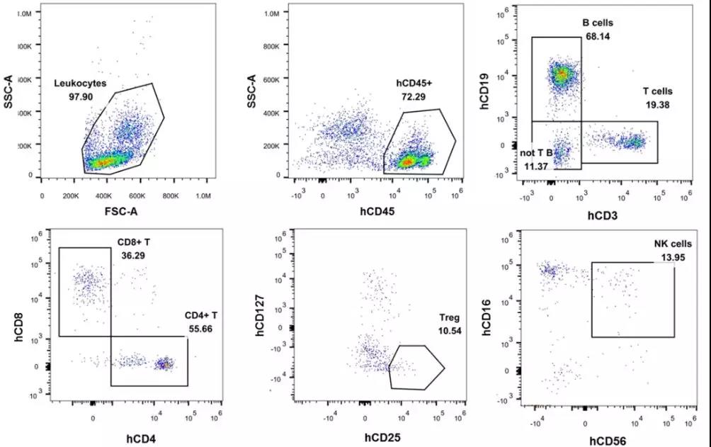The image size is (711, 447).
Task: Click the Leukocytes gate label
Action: [x=80, y=83]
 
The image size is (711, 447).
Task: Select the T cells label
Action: [x=657, y=91]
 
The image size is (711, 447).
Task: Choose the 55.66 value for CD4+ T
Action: [x=195, y=329]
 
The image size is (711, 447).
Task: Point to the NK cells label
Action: [x=671, y=244]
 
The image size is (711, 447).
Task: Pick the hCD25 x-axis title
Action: [x=383, y=437]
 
